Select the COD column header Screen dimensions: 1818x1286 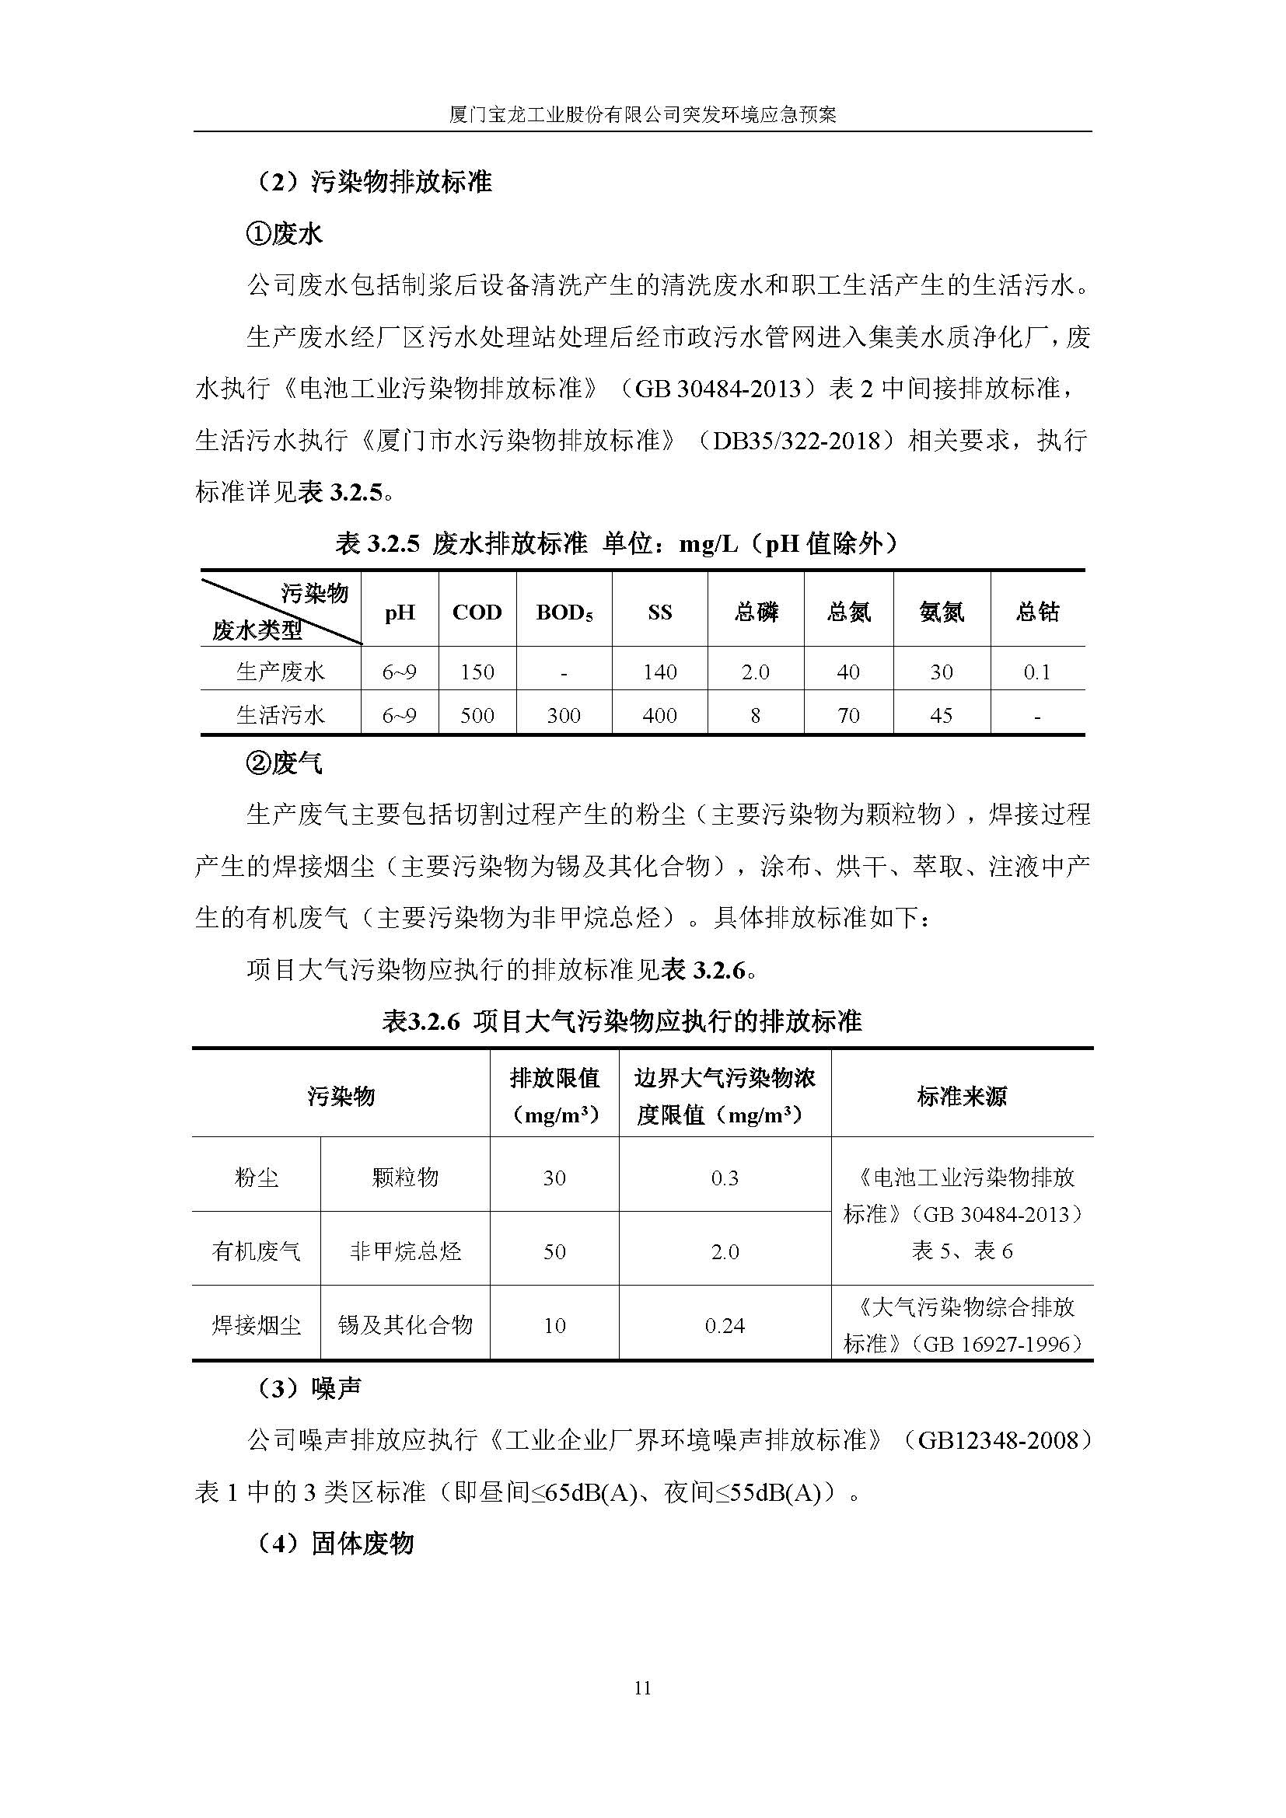(477, 612)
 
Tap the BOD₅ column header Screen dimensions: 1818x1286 (564, 612)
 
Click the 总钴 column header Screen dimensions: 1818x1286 (1036, 611)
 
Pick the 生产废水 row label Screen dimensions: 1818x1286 (281, 672)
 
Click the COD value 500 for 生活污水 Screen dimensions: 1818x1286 (477, 716)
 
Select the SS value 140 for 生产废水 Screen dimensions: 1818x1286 (659, 672)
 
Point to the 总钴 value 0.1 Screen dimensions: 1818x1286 (1036, 672)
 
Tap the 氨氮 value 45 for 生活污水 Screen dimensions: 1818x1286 (941, 716)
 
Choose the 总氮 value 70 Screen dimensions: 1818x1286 (848, 716)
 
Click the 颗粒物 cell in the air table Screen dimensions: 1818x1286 (404, 1178)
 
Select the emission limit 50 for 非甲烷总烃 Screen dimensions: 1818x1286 (554, 1251)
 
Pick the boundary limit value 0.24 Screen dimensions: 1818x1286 (725, 1325)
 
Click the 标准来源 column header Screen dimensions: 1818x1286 (961, 1097)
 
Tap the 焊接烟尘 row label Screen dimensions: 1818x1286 (256, 1325)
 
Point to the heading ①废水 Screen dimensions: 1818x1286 (285, 234)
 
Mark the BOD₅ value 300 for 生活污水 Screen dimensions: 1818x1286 (564, 716)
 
